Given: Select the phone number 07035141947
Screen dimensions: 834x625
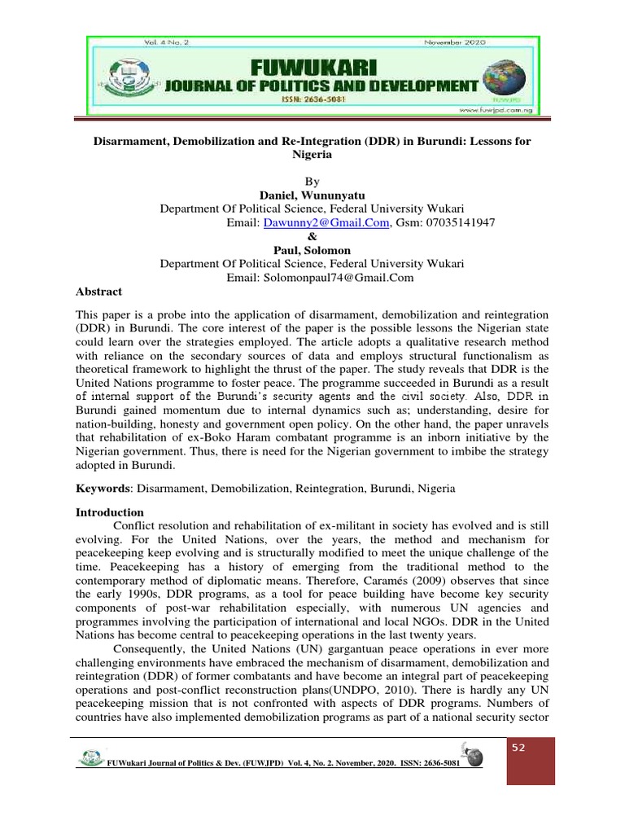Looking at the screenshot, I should pos(460,222).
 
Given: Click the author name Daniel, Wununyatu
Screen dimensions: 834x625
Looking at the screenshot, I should pos(312,195).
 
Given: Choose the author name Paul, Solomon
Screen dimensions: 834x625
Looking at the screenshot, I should pos(312,250).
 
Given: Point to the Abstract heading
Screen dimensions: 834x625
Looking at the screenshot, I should pos(98,292).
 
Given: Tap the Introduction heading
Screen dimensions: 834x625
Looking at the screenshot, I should pos(110,512).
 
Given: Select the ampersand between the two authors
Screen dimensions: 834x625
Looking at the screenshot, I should pos(312,236).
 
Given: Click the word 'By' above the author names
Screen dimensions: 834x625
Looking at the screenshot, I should pos(312,181).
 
